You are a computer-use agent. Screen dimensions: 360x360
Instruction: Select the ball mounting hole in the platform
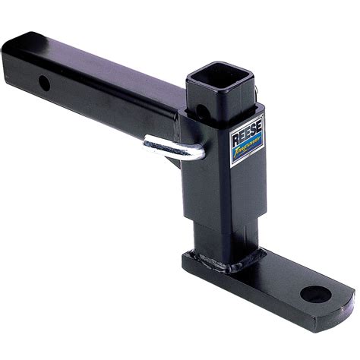311,292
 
